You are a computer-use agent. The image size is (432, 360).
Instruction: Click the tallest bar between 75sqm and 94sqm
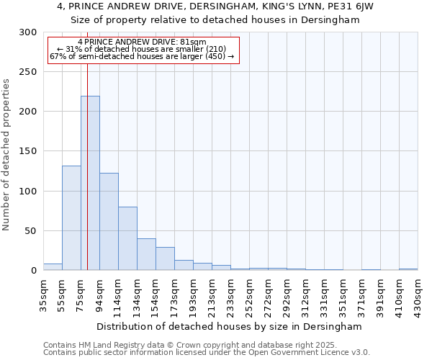[90, 183]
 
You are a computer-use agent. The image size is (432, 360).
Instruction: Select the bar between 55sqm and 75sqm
[71, 217]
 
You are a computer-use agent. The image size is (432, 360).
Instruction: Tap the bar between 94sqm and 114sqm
[109, 222]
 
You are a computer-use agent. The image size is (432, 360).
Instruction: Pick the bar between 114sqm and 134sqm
[127, 238]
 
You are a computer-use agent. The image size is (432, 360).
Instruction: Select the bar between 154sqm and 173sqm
[165, 258]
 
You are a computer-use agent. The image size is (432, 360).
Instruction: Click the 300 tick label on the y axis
[28, 32]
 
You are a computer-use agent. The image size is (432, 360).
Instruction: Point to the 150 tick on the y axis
[28, 151]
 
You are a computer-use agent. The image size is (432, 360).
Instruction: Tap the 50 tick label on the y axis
[31, 231]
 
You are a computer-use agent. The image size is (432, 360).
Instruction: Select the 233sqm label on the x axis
[230, 295]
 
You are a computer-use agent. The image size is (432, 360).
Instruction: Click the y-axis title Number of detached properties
[6, 154]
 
